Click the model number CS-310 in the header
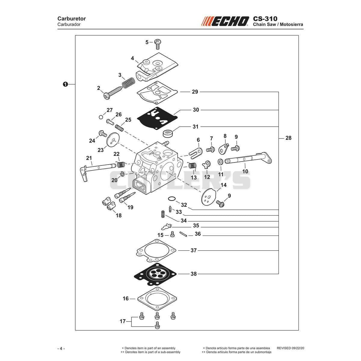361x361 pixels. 265,19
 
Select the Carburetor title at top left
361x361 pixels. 72,19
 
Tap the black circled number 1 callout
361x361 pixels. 65,85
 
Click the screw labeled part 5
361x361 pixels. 158,44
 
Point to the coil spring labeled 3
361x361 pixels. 128,83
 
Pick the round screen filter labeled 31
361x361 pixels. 168,134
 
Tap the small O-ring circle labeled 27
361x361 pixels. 101,117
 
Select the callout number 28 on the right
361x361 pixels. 288,138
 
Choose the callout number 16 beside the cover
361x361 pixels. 126,298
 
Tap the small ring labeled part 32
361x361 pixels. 172,199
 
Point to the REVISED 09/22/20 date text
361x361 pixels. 290,348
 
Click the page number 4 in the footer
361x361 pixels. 61,349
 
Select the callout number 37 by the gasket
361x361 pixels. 193,250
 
